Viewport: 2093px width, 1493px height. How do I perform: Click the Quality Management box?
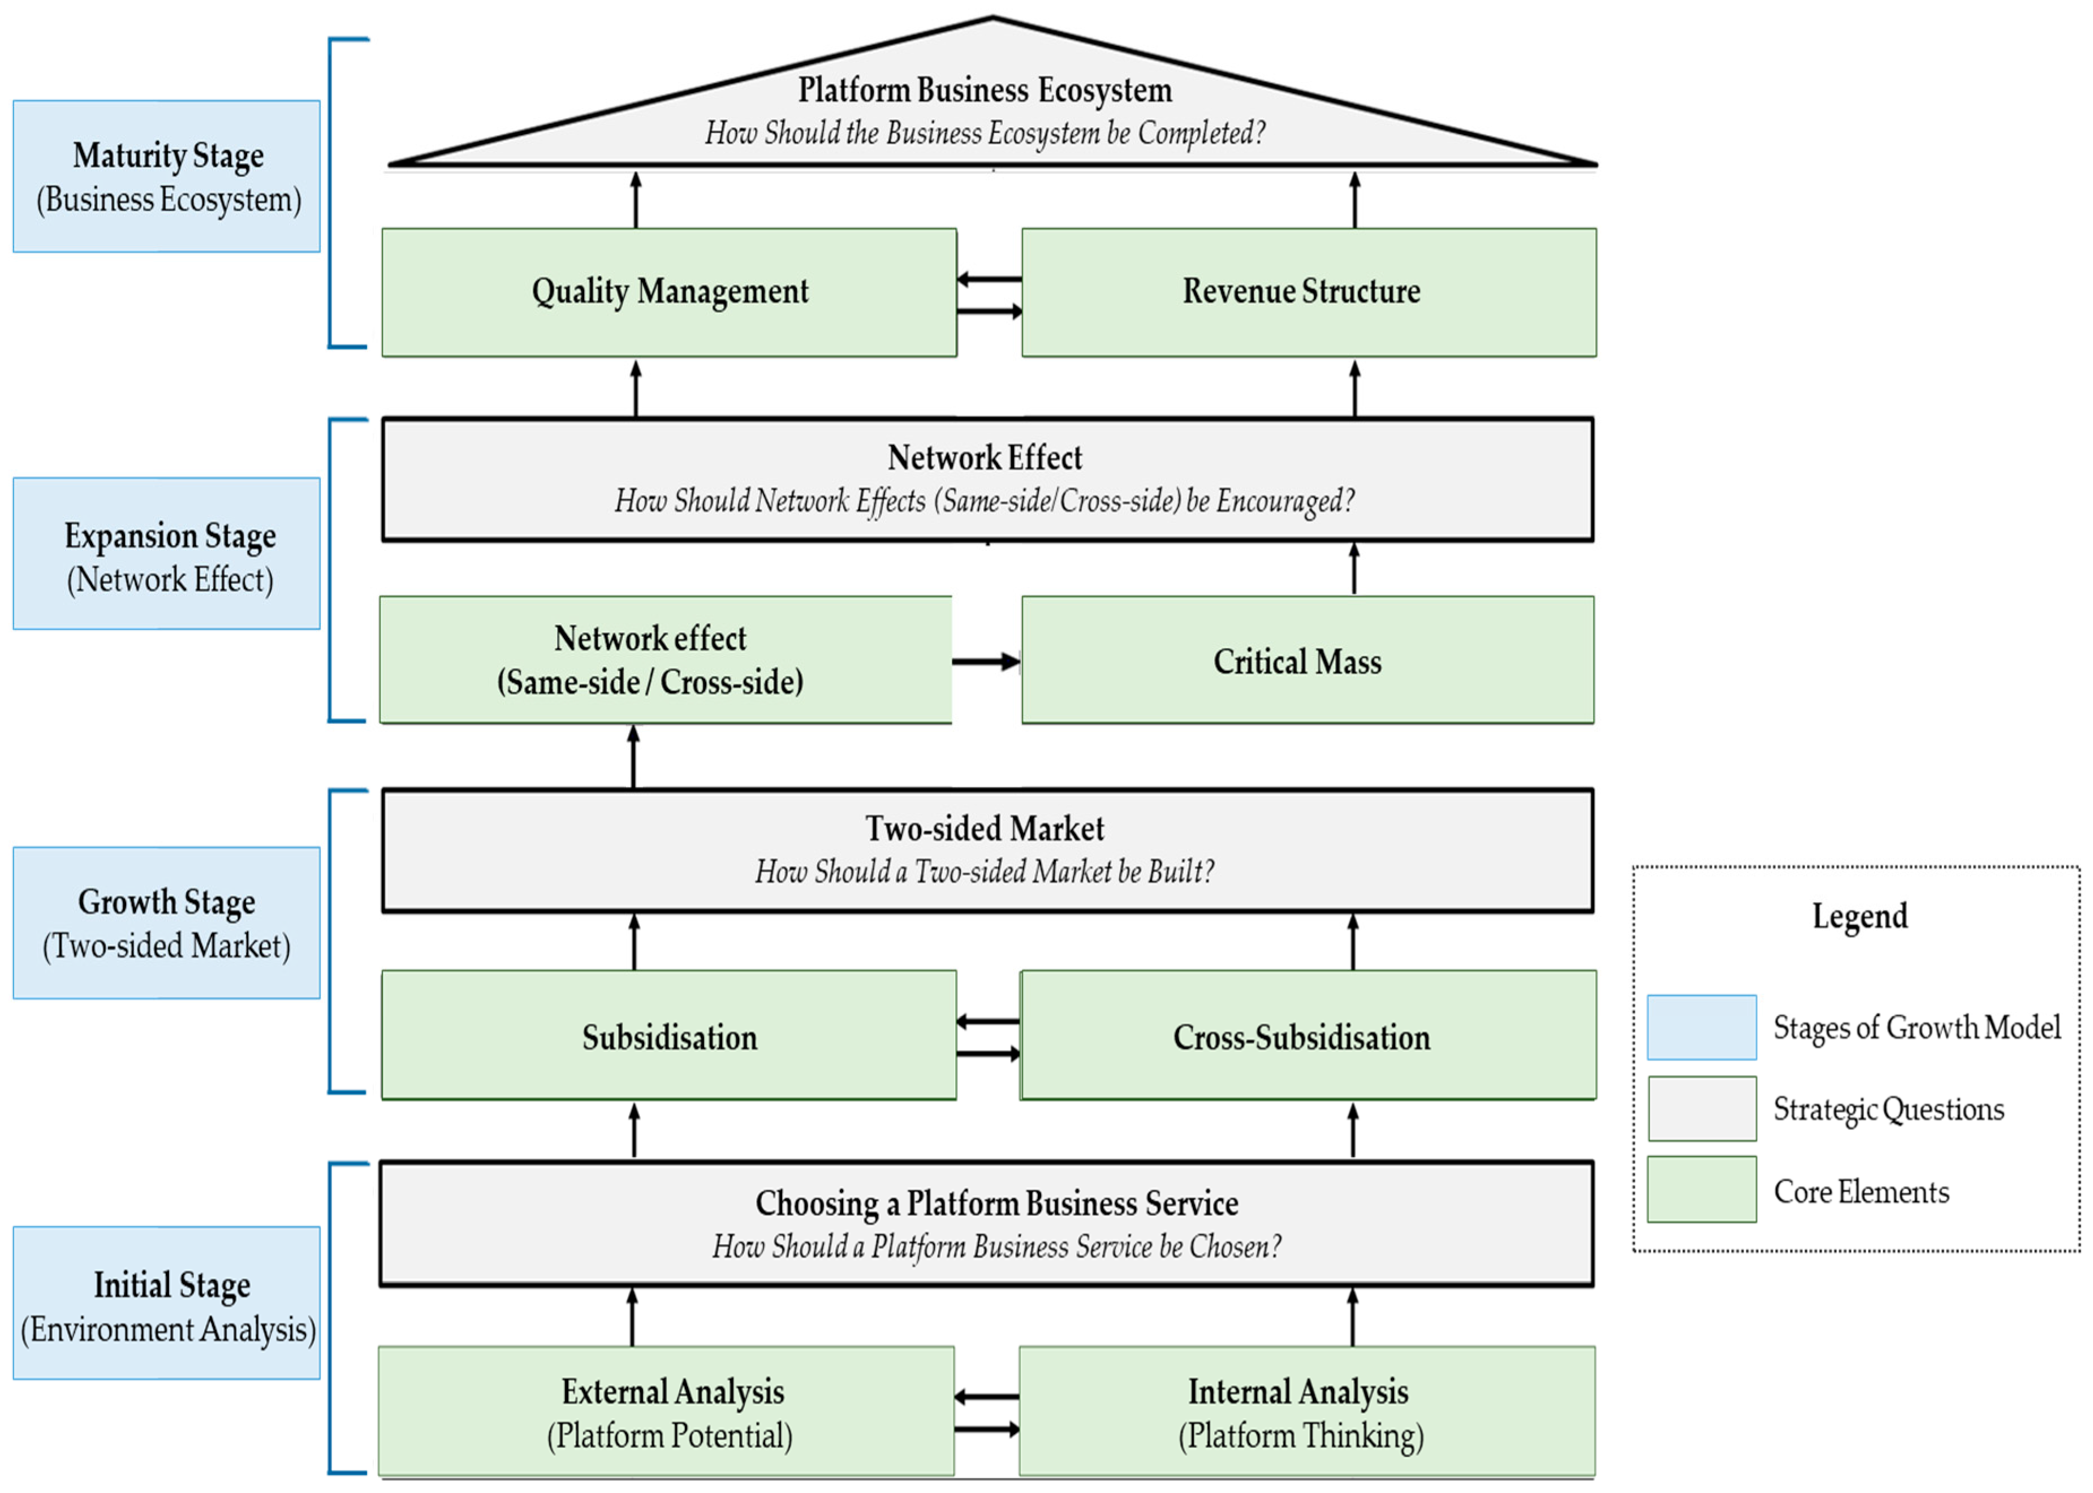tap(668, 292)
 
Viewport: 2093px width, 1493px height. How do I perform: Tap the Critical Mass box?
tap(1307, 660)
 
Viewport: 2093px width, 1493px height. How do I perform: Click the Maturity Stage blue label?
tap(166, 176)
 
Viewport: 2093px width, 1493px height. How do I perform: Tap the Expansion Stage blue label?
tap(166, 554)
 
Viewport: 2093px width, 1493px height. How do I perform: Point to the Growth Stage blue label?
tap(166, 923)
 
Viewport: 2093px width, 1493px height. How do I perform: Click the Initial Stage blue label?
tap(166, 1304)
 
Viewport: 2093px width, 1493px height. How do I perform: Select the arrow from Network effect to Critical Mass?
tap(985, 661)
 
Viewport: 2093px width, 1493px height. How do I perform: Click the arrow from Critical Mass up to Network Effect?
tap(1353, 568)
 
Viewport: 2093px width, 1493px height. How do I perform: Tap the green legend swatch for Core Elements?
tap(1702, 1190)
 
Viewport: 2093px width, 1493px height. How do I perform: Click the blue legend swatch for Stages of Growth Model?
tap(1702, 1028)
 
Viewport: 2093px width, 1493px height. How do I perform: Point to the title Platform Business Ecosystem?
tap(985, 90)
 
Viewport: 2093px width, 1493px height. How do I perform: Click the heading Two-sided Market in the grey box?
tap(985, 829)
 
